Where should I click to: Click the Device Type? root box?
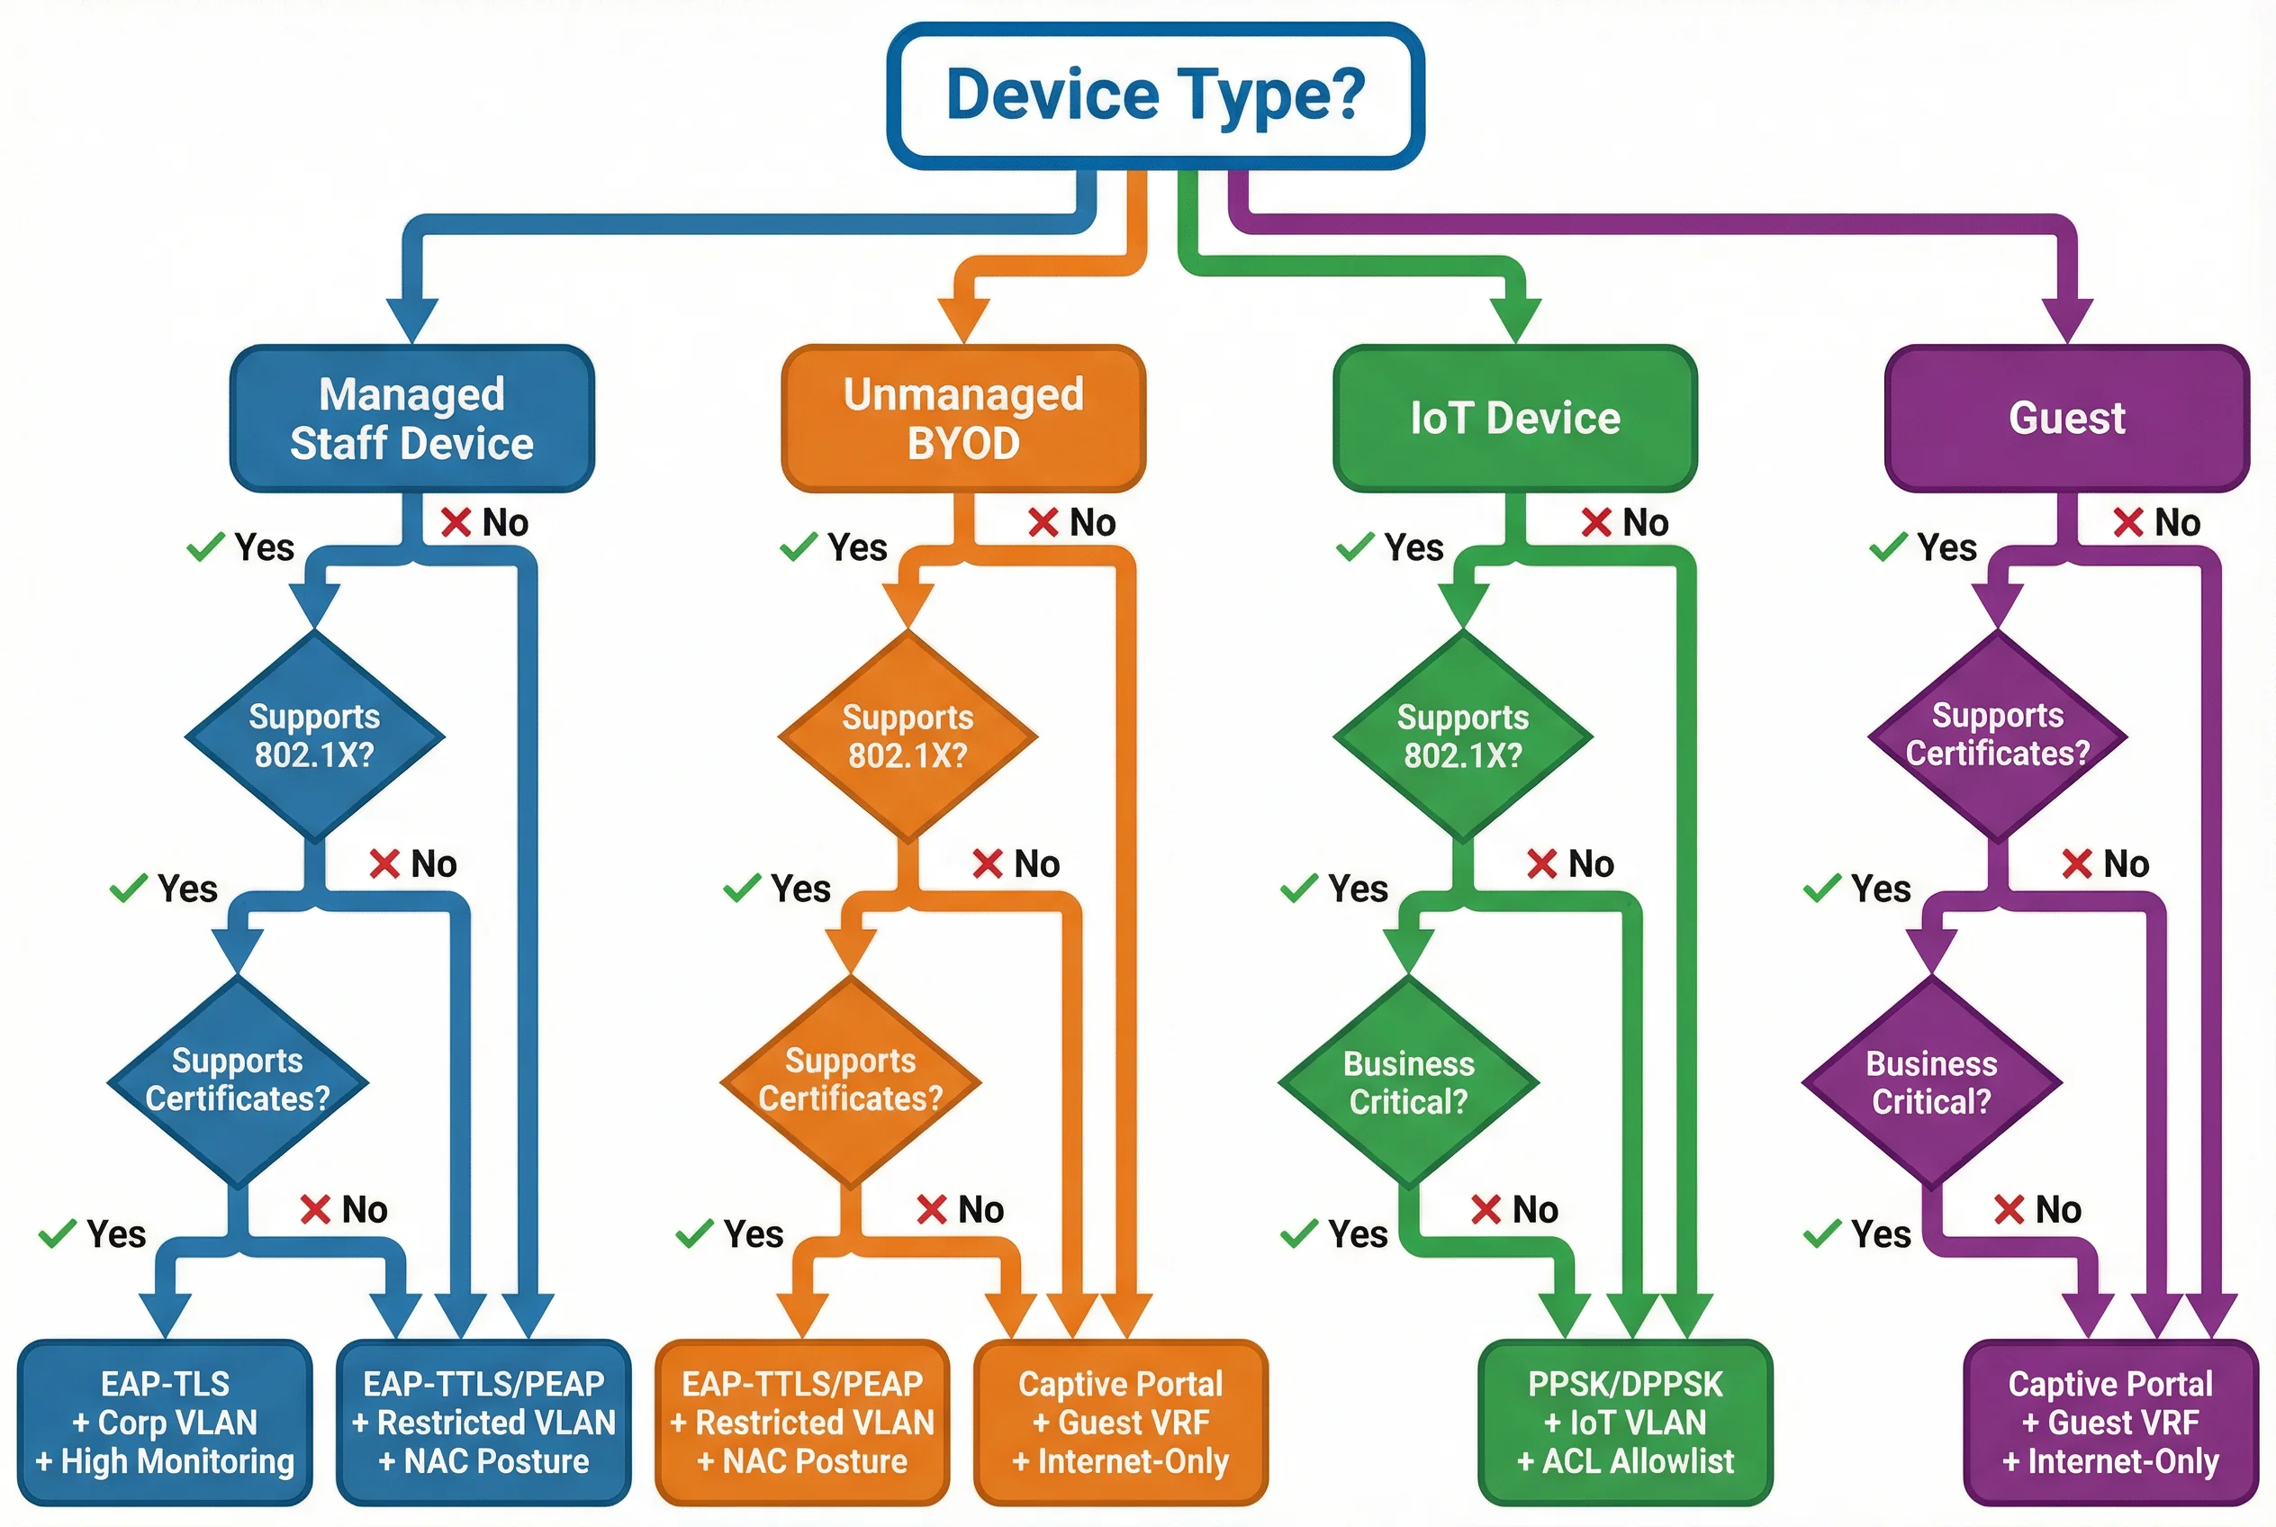(x=1155, y=95)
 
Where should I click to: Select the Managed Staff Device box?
(x=412, y=418)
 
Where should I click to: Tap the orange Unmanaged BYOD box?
(x=963, y=418)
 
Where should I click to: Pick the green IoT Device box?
(x=1514, y=418)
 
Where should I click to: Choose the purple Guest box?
(x=2065, y=418)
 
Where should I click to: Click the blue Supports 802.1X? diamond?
(x=313, y=736)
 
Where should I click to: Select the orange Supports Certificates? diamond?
(x=850, y=1080)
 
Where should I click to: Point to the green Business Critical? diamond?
(x=1408, y=1082)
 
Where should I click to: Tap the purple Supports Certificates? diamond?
(x=1997, y=735)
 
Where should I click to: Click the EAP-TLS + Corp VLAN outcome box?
(x=165, y=1422)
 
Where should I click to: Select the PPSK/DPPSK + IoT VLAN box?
(x=1624, y=1422)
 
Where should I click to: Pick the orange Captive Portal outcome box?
(x=1120, y=1422)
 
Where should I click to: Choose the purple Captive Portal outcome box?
(x=2109, y=1422)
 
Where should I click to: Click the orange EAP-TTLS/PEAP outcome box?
(x=801, y=1422)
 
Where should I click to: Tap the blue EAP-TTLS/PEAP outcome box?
(x=483, y=1422)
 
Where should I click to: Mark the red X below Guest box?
(x=2128, y=523)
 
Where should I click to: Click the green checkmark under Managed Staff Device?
(x=205, y=547)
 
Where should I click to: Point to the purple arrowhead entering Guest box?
(x=2066, y=321)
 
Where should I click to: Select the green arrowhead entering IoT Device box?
(x=1515, y=321)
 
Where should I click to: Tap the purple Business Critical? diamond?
(x=1931, y=1082)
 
